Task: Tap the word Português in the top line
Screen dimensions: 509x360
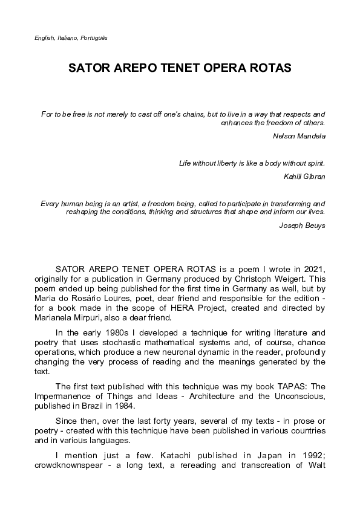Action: (95, 37)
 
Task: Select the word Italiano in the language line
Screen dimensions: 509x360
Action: (68, 37)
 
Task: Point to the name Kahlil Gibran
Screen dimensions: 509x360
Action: (304, 177)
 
